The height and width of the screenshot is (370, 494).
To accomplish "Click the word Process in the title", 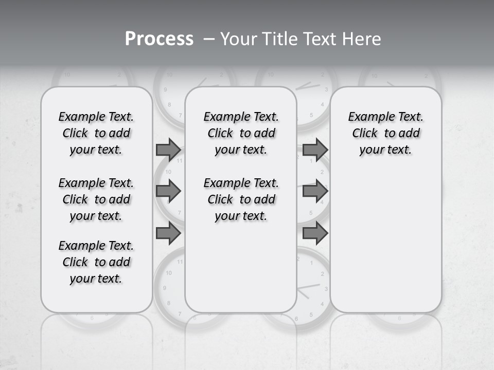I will pyautogui.click(x=159, y=39).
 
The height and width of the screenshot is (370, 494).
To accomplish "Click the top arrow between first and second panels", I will pyautogui.click(x=168, y=150).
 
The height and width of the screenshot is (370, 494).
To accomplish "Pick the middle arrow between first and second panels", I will pyautogui.click(x=168, y=192).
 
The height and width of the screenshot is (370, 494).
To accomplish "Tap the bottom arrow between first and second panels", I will pyautogui.click(x=168, y=233).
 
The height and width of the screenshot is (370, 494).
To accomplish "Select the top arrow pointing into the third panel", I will pyautogui.click(x=315, y=150).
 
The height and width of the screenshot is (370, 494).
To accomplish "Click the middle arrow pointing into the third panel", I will pyautogui.click(x=315, y=192).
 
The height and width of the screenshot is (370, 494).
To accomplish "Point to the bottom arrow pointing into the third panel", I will pyautogui.click(x=315, y=233).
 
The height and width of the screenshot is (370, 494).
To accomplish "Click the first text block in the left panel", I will pyautogui.click(x=96, y=133).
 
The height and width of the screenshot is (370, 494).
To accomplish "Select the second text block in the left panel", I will pyautogui.click(x=96, y=199).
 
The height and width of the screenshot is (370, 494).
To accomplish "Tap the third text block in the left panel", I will pyautogui.click(x=96, y=262).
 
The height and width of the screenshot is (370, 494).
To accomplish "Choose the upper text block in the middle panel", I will pyautogui.click(x=241, y=133).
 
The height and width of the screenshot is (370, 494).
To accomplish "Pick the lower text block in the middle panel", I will pyautogui.click(x=241, y=199).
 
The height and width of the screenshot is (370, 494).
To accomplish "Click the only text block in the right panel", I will pyautogui.click(x=386, y=133).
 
